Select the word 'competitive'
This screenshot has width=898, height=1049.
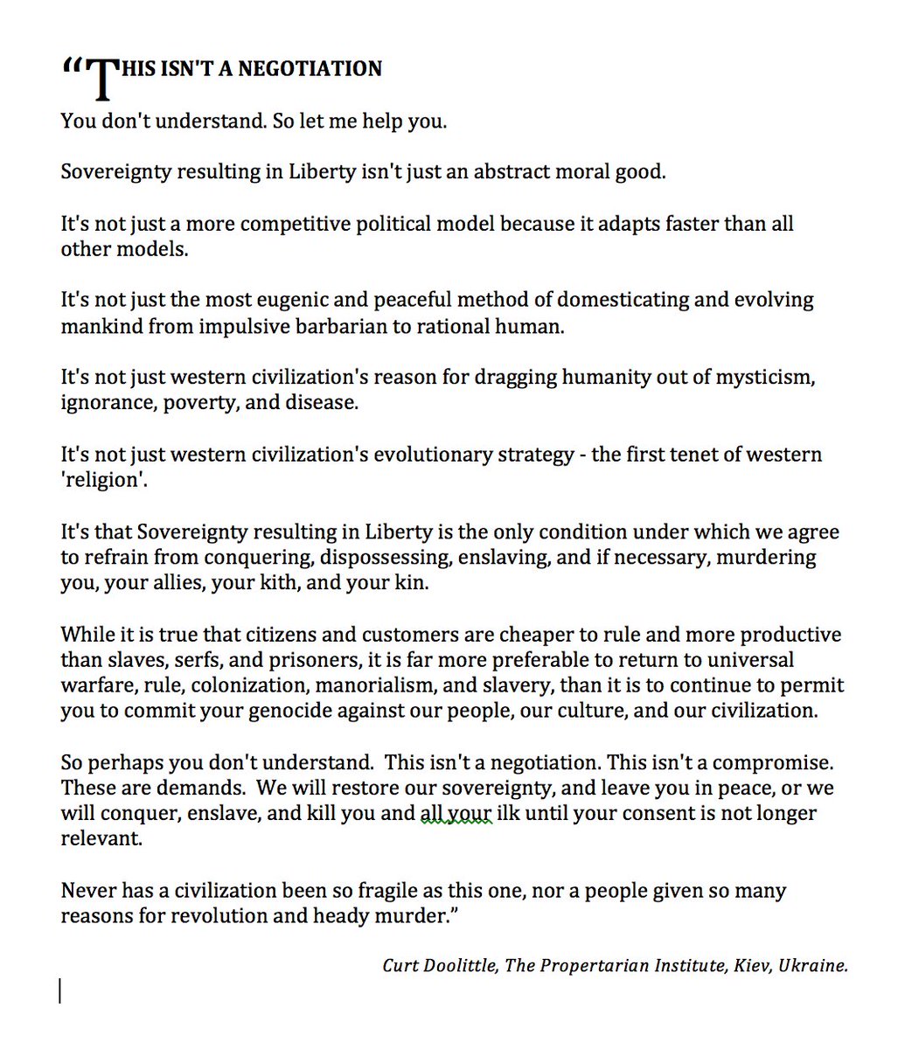coord(295,223)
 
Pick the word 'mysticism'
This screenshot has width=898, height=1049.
coord(762,378)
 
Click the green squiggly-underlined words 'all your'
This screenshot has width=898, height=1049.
coord(456,813)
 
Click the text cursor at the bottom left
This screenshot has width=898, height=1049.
coord(60,990)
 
